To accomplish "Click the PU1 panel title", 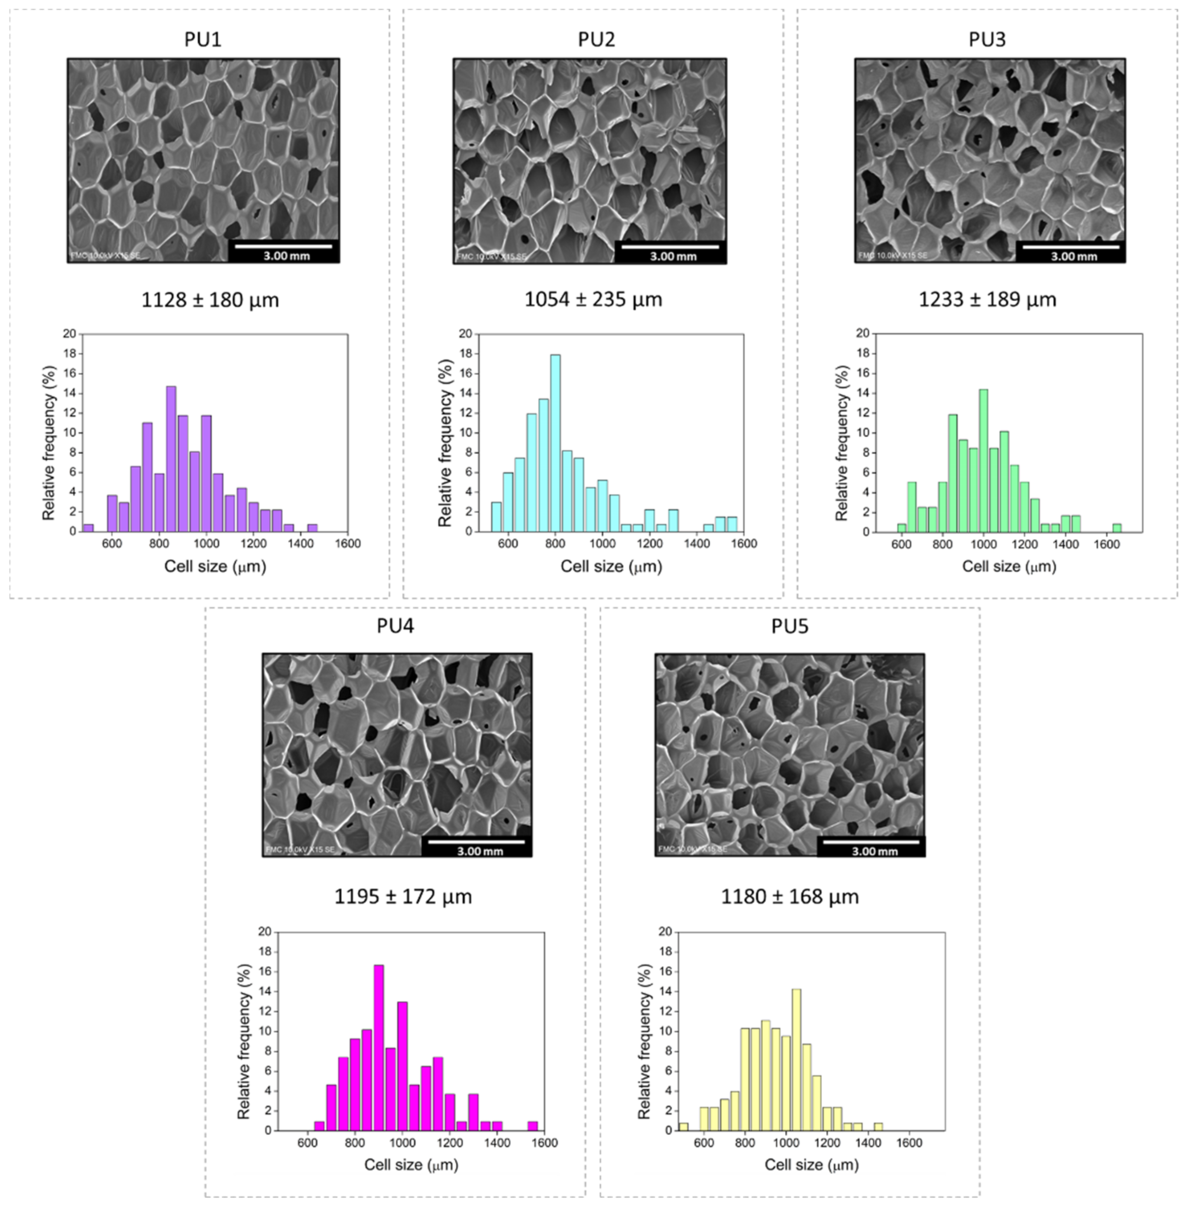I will (x=202, y=39).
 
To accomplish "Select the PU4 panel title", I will (x=395, y=625).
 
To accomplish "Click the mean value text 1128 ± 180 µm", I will (x=210, y=300).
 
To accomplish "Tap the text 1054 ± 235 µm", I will (x=593, y=300).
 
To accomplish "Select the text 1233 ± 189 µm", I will (x=987, y=300).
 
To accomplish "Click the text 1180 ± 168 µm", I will (x=789, y=897).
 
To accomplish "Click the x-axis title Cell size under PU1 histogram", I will (x=215, y=566).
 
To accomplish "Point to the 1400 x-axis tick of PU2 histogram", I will (x=697, y=544).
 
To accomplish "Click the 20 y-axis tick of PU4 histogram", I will (x=265, y=932).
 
